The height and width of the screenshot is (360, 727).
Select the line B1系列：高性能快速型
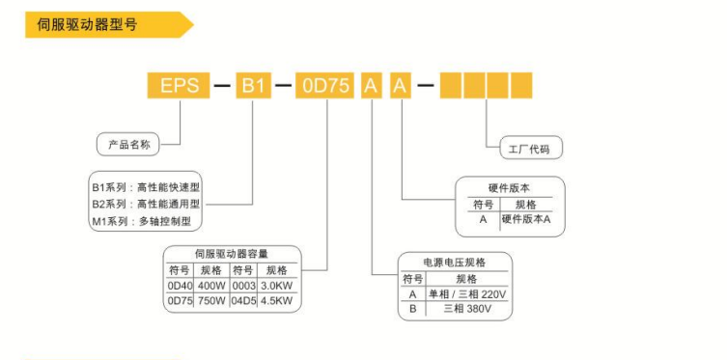(146, 186)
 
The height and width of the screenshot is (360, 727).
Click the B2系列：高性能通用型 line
(146, 204)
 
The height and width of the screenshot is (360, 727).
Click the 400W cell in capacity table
(211, 286)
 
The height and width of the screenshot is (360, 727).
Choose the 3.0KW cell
(279, 286)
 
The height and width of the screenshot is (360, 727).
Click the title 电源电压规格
(455, 262)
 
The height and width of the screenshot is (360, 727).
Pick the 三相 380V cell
(467, 310)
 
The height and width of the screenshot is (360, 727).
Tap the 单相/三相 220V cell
(467, 293)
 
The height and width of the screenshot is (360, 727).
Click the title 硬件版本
(510, 187)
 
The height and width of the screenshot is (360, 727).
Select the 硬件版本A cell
(526, 219)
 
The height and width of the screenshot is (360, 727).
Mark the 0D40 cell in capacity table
(181, 286)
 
